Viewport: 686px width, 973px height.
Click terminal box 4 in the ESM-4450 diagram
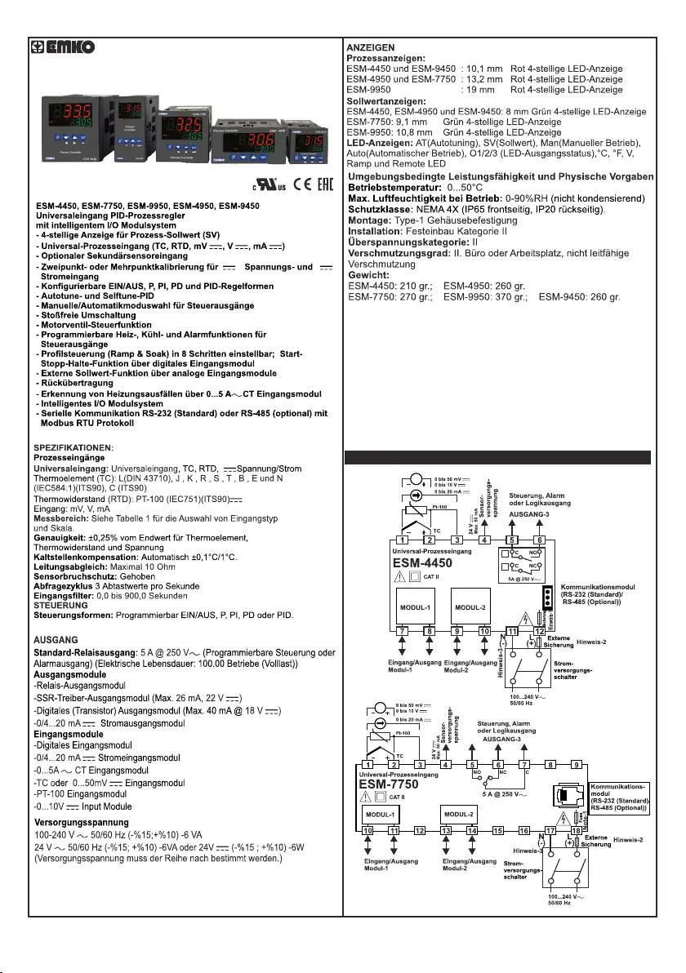(x=484, y=540)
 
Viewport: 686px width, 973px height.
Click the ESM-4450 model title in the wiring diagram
(x=422, y=562)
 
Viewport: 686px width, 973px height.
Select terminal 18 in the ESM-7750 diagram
(x=577, y=829)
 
